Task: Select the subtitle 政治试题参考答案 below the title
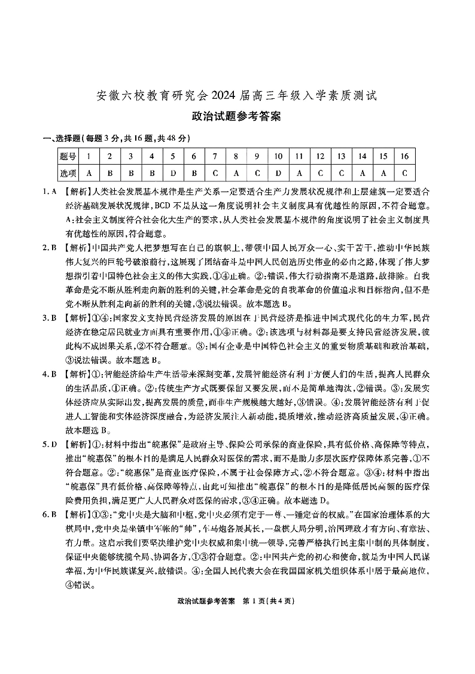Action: [237, 117]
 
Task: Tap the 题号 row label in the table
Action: [68, 157]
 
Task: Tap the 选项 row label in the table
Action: [68, 174]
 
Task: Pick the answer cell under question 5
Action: [173, 174]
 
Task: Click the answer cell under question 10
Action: [278, 174]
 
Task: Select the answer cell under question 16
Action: [404, 174]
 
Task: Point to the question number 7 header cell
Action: [215, 157]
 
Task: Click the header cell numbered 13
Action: [341, 157]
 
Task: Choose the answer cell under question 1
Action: [89, 174]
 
